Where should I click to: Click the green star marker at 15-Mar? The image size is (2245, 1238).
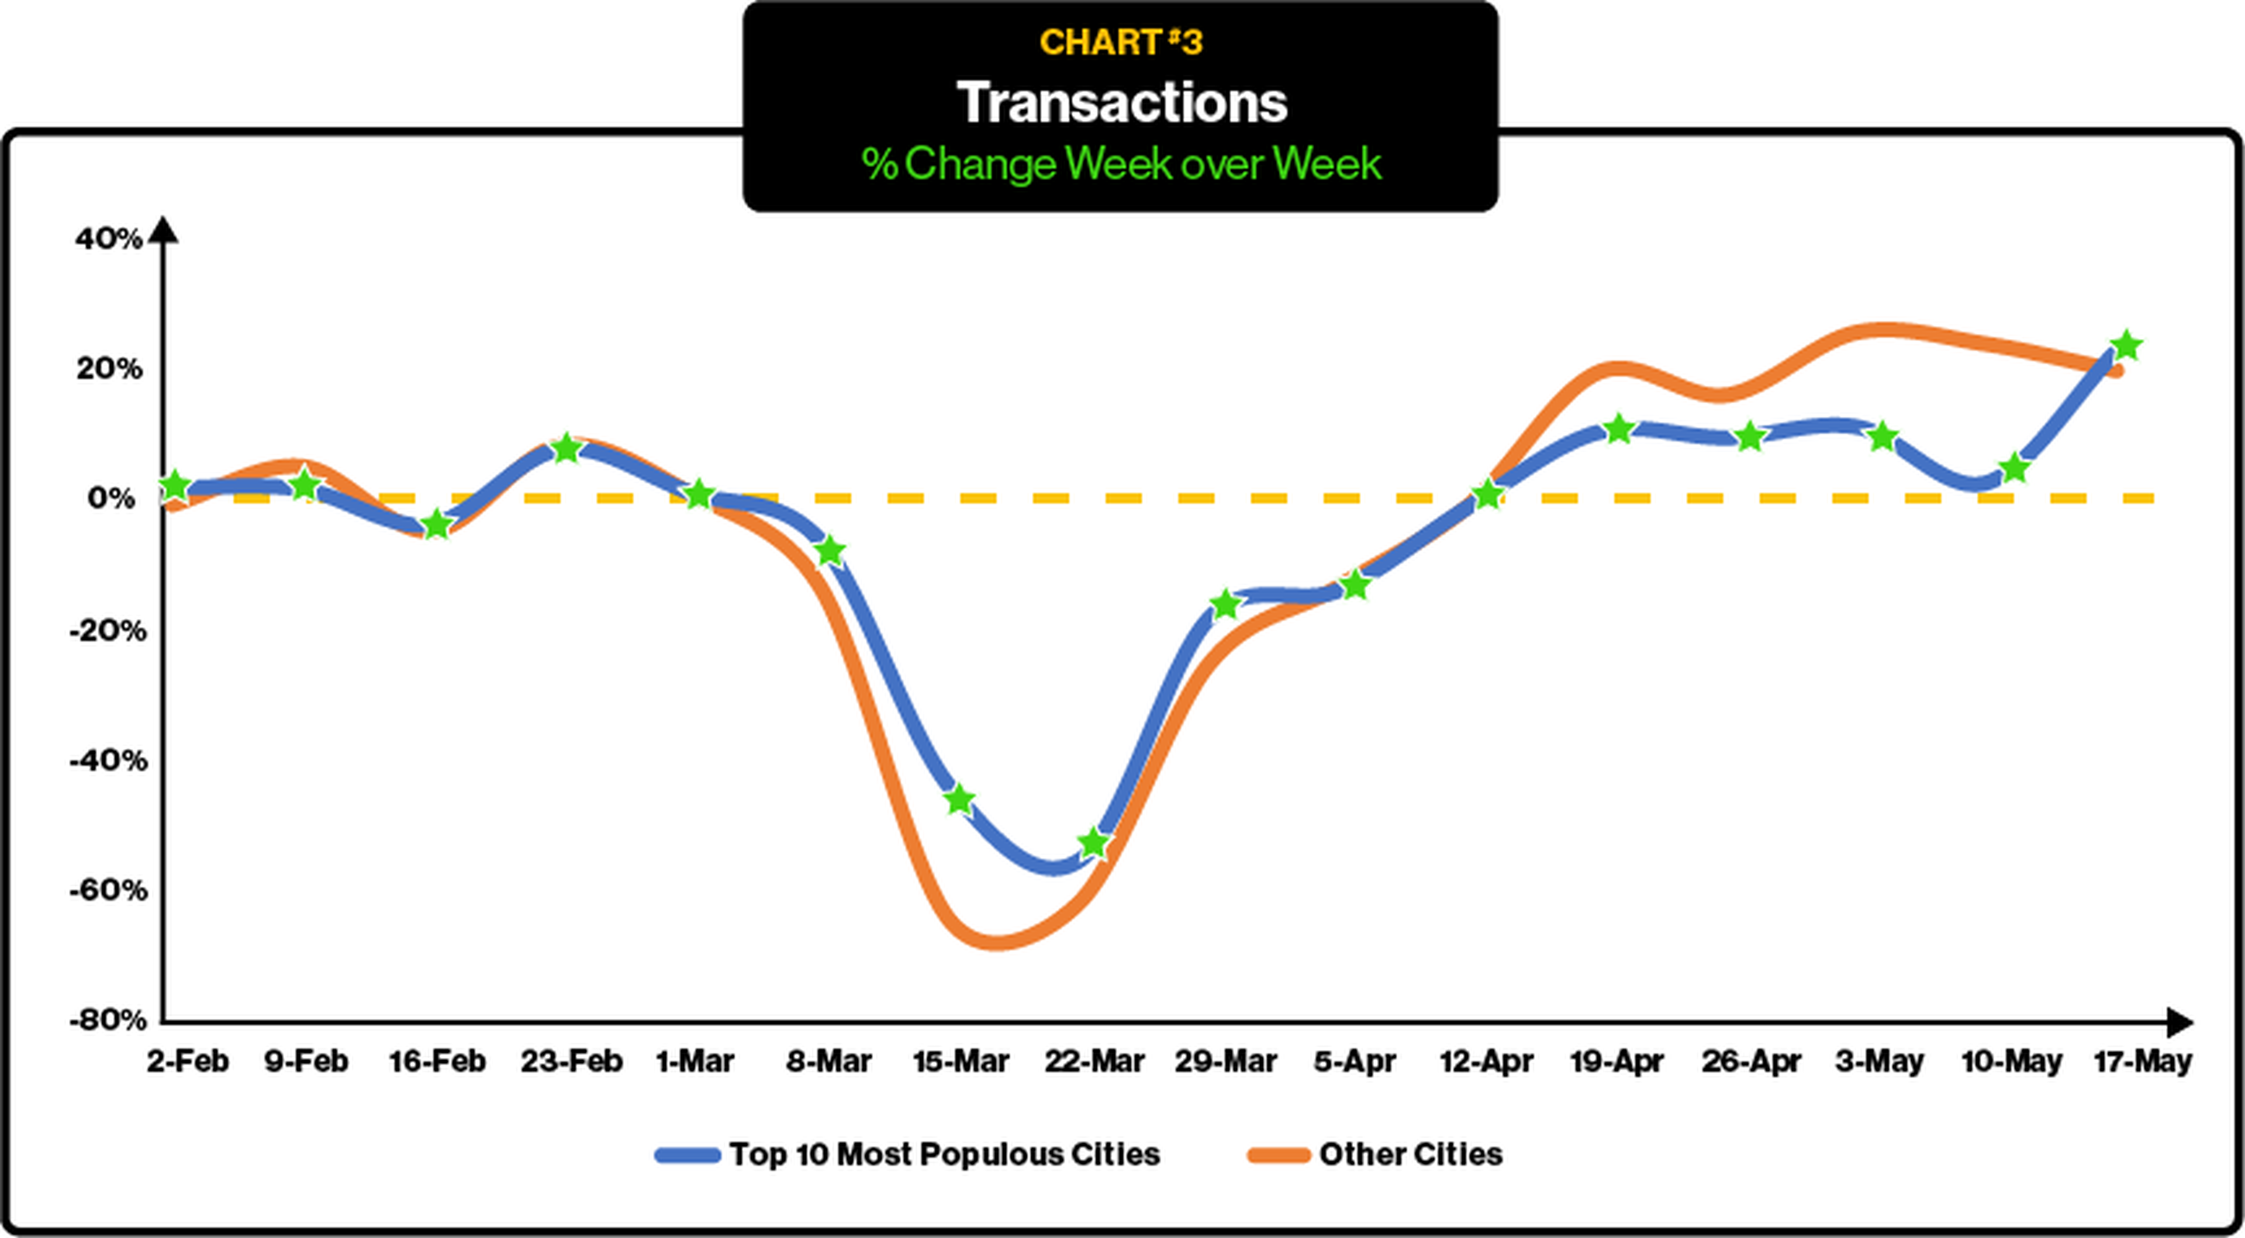(x=959, y=800)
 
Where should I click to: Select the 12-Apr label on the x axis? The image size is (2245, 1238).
(x=1486, y=1061)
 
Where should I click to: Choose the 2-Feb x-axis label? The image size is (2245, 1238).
(x=187, y=1061)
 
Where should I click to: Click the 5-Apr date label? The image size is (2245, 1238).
(x=1355, y=1061)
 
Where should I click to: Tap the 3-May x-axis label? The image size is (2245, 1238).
(x=1879, y=1061)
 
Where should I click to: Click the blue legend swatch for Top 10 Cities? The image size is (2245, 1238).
(x=688, y=1155)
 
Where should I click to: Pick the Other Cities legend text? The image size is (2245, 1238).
(x=1410, y=1154)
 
